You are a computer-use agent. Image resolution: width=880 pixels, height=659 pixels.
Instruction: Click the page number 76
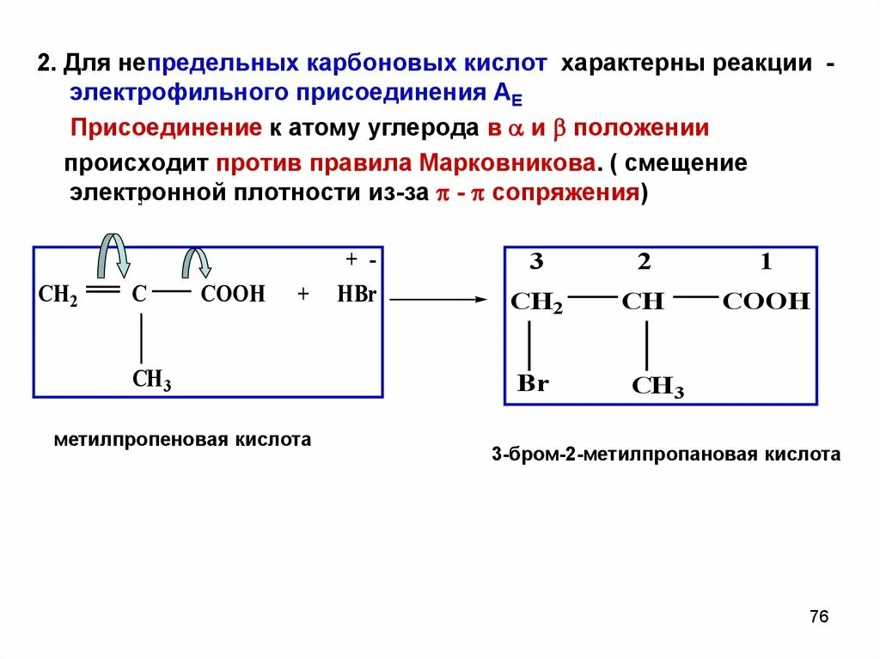818,617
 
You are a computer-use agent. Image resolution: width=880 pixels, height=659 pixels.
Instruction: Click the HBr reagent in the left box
357,295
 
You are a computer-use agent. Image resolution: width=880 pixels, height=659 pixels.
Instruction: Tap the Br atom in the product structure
532,383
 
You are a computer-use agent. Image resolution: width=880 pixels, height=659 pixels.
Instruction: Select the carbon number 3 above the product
535,263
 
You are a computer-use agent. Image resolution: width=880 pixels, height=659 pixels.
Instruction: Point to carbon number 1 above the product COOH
766,263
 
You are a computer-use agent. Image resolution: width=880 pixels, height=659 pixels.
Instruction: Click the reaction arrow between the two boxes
438,299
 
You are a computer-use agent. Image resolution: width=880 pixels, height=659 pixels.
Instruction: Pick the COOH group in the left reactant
233,295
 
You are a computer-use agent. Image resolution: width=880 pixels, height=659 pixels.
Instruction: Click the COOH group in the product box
766,301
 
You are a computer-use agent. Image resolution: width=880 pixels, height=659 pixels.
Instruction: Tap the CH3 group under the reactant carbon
151,379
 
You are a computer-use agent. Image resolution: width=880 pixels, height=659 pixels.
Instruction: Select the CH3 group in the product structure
657,387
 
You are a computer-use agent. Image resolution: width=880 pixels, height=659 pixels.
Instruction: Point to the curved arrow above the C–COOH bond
199,261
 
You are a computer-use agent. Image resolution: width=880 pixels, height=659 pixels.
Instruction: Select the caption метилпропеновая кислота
182,440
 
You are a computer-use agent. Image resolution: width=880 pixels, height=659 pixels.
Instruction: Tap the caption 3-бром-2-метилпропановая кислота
666,455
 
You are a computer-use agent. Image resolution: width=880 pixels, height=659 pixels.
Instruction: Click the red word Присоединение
165,129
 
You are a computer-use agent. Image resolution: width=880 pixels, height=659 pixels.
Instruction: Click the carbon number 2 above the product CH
644,263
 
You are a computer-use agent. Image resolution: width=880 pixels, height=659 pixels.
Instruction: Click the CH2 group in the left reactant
58,295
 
